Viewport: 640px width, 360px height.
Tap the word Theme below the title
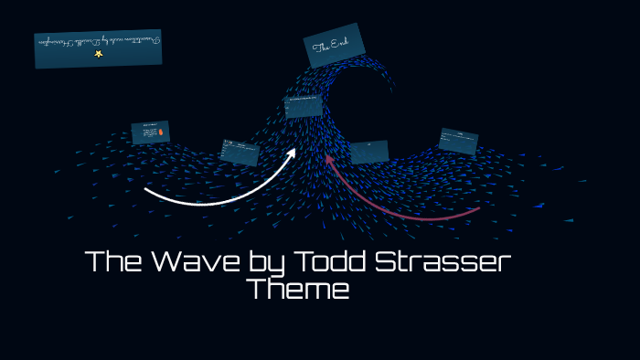(298, 291)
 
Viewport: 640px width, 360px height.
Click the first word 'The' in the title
(110, 262)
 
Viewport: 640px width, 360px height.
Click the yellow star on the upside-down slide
(99, 54)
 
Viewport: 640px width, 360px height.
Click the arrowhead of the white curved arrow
(291, 153)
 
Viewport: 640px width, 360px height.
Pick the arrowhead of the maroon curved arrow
(329, 160)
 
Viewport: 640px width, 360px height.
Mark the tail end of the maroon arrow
(478, 209)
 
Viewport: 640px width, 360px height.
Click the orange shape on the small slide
(161, 133)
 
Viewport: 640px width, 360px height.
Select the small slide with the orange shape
(150, 132)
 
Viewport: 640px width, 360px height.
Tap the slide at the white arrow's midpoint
(240, 152)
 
